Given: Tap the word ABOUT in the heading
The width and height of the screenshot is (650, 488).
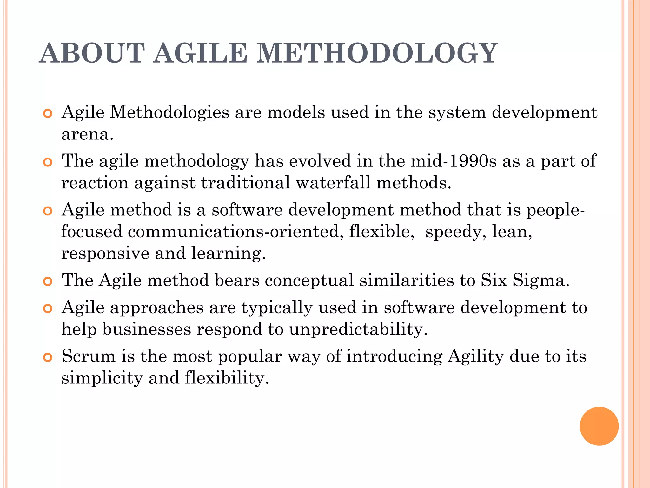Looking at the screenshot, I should [x=92, y=53].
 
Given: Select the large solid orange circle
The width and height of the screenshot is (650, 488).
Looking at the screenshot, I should [x=599, y=426].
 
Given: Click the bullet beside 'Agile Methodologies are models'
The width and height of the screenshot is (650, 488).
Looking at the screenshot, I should [x=47, y=113].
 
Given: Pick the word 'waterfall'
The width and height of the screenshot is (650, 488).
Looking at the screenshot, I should [x=333, y=183].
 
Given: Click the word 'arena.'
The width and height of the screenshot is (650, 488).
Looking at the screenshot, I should [x=87, y=134].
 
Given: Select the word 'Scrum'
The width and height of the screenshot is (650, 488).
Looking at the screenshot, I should [x=89, y=356].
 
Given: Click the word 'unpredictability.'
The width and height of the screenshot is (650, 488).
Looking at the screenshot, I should [x=358, y=329].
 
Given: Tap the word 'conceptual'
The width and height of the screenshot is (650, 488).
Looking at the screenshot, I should [x=309, y=281].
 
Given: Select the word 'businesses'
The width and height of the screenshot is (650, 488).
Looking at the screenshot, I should [x=147, y=329].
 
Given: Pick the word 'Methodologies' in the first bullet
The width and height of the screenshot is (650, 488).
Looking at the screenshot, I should [x=169, y=112].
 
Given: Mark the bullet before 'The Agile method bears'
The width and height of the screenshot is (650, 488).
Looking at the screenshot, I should [x=47, y=282].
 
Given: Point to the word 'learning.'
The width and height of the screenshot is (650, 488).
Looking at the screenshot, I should [x=229, y=254].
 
